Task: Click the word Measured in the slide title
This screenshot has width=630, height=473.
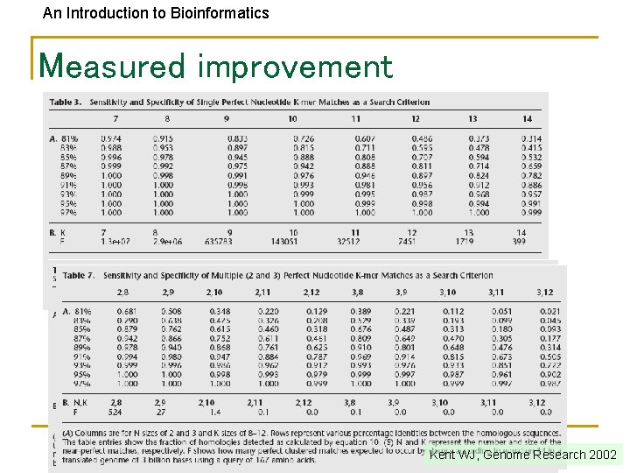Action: click(x=112, y=66)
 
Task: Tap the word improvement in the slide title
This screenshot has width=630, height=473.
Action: click(x=296, y=66)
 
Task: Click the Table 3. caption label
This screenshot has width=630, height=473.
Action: click(x=66, y=102)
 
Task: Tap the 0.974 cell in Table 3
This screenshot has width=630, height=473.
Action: click(x=111, y=139)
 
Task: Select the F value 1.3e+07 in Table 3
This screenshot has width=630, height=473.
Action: click(x=112, y=241)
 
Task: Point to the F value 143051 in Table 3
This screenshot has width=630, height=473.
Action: click(x=284, y=241)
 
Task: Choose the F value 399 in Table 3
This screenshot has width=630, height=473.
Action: click(x=519, y=241)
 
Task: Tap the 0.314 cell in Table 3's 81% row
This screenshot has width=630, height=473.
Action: click(x=530, y=139)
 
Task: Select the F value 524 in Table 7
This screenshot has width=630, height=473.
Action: click(x=115, y=412)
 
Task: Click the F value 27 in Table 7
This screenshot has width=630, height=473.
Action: click(x=160, y=412)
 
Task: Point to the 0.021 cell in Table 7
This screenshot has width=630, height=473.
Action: click(x=549, y=311)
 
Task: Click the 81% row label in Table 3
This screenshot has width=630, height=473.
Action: click(x=69, y=139)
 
